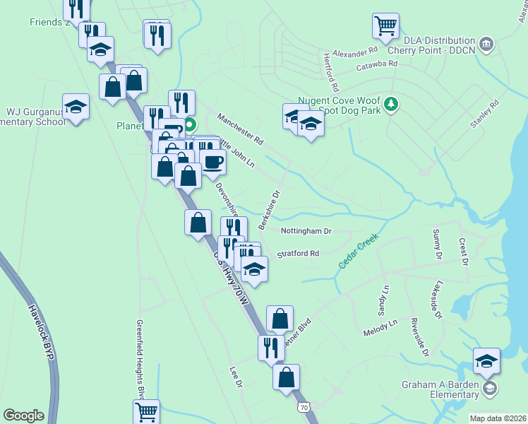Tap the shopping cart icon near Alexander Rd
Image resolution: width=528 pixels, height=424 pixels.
(x=385, y=26)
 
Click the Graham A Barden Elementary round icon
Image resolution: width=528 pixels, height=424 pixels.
(x=490, y=388)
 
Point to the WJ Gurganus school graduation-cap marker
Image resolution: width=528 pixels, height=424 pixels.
(x=76, y=107)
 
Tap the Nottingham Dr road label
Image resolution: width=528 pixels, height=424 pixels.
(x=306, y=231)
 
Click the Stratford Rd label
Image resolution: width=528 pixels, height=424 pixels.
(x=298, y=253)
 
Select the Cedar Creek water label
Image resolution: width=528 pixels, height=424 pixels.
(x=358, y=250)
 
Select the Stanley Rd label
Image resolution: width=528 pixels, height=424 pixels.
(x=485, y=114)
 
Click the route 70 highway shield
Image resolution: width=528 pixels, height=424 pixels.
(x=304, y=408)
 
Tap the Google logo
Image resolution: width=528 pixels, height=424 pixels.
(x=23, y=415)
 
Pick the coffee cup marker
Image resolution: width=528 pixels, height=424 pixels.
(x=212, y=162)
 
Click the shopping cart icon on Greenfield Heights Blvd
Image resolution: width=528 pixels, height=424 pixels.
(x=146, y=411)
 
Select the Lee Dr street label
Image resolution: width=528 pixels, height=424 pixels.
(x=236, y=376)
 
